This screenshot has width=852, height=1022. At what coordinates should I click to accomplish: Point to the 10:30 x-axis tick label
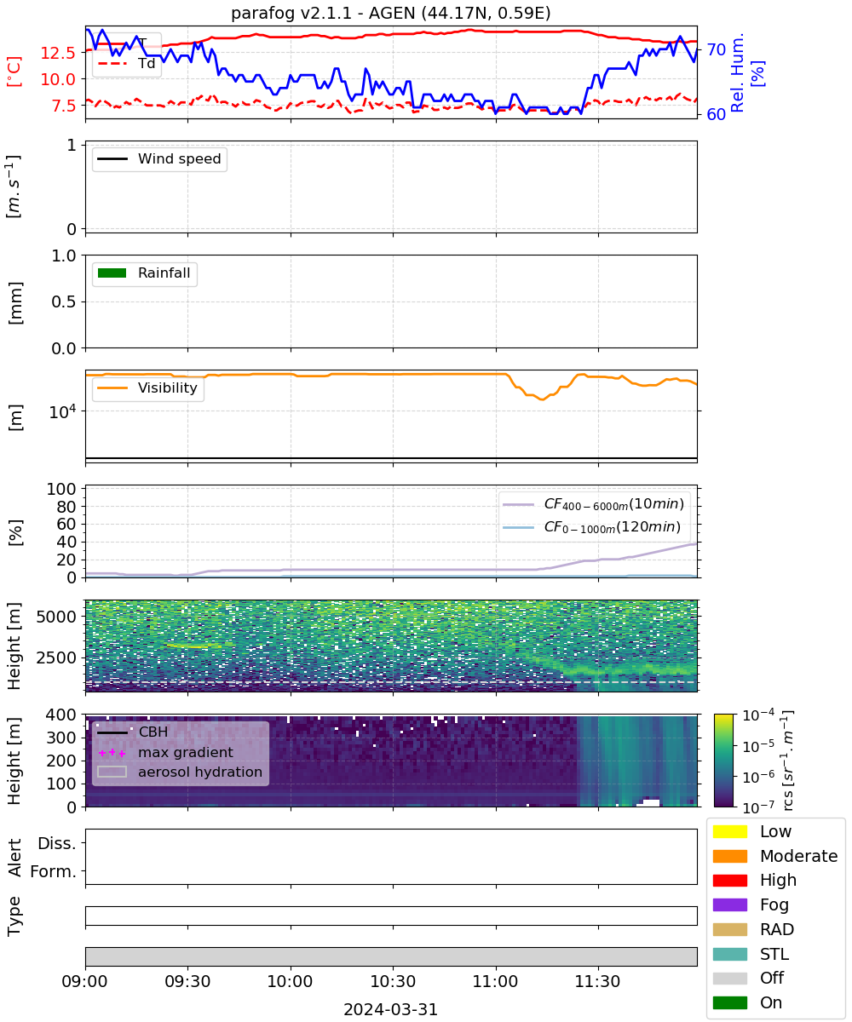pyautogui.click(x=393, y=981)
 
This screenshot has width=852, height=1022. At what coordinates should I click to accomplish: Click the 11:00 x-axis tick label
pyautogui.click(x=495, y=981)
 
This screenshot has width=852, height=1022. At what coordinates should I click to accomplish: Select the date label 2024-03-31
pyautogui.click(x=390, y=1009)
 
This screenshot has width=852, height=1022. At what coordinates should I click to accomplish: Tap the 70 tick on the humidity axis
pyautogui.click(x=716, y=49)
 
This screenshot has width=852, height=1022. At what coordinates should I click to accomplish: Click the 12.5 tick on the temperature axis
pyautogui.click(x=58, y=52)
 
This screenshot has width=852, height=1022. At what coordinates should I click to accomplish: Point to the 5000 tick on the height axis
pyautogui.click(x=56, y=617)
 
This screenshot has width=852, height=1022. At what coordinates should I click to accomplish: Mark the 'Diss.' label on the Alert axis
pyautogui.click(x=57, y=843)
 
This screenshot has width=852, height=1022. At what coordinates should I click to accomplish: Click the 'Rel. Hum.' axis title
pyautogui.click(x=737, y=72)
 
